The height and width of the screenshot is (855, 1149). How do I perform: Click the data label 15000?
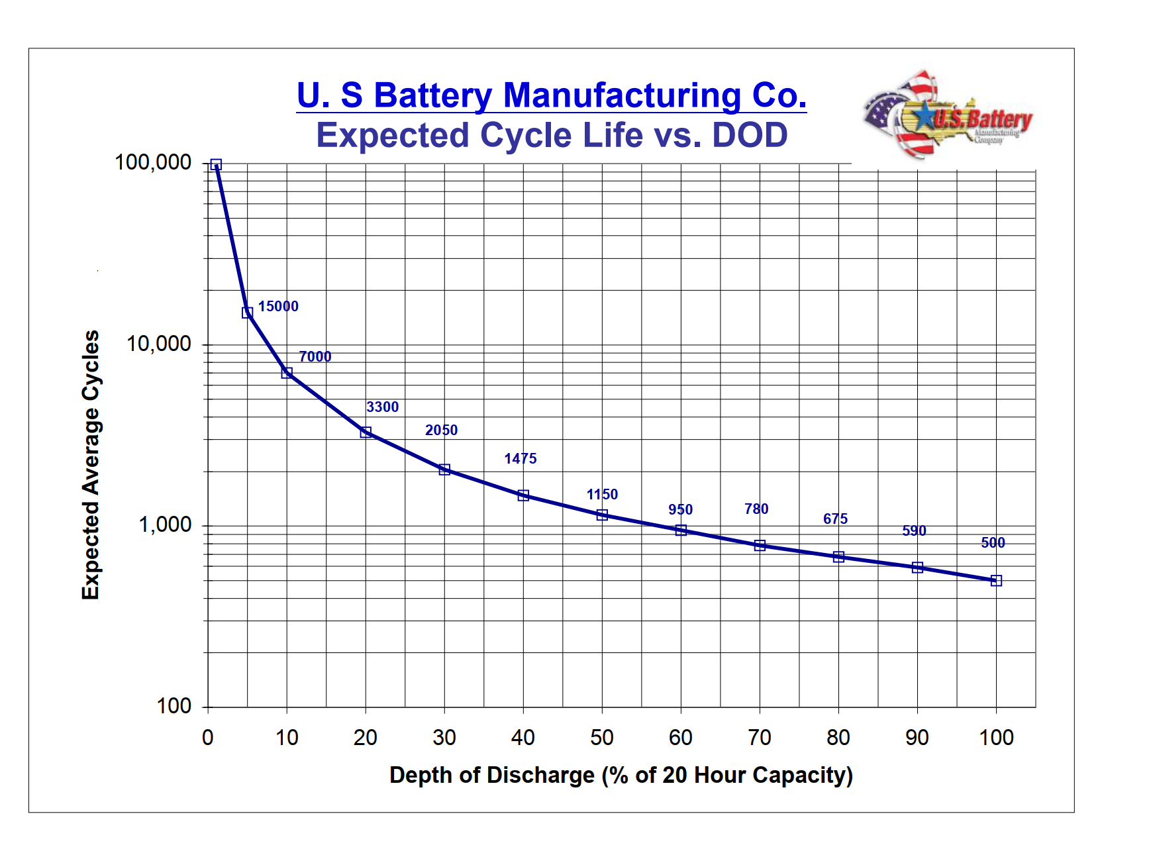278,306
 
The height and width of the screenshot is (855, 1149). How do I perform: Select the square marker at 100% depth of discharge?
996,581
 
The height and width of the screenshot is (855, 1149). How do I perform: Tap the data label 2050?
441,430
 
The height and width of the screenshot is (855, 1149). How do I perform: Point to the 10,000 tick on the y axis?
159,344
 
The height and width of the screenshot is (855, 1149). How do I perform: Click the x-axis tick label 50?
602,737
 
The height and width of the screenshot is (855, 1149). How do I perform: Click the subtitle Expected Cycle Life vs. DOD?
551,135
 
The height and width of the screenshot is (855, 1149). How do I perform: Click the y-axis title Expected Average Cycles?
90,465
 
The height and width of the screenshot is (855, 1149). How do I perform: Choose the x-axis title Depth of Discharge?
621,775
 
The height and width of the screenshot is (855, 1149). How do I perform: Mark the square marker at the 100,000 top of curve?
216,165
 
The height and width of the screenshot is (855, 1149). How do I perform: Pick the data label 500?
993,542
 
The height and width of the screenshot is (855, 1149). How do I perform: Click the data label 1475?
520,458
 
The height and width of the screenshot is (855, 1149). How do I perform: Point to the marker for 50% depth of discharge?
602,515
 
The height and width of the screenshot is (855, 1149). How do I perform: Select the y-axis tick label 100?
174,706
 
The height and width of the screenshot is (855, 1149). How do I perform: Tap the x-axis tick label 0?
208,737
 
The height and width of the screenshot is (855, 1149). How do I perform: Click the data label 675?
835,519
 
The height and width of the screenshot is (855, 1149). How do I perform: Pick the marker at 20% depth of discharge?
366,432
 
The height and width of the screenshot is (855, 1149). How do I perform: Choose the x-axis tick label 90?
917,737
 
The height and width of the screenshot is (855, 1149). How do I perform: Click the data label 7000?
315,356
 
